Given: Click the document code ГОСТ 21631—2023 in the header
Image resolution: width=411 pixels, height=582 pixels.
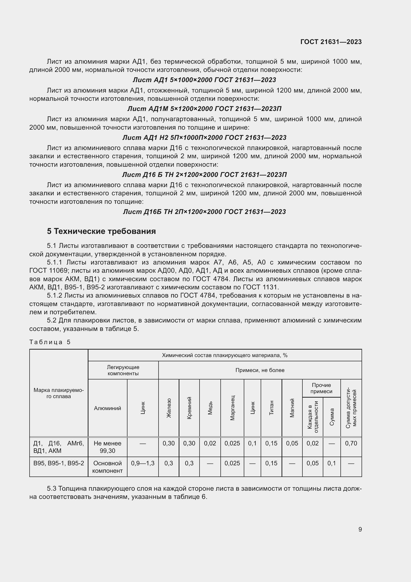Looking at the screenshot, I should pos(331,42).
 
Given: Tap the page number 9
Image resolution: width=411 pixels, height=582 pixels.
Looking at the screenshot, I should pos(360,529).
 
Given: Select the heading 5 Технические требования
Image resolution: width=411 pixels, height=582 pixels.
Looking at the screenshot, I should pos(101,231).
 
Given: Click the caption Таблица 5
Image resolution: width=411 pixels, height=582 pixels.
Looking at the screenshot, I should pos(50,342).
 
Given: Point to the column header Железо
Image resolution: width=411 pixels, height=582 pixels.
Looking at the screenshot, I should pos(169,408).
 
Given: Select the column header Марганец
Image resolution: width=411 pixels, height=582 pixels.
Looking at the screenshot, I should pos(232,408).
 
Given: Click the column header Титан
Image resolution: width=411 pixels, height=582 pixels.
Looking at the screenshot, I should pos(271,408).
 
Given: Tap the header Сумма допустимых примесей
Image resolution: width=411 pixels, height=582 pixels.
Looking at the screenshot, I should pos(351,408).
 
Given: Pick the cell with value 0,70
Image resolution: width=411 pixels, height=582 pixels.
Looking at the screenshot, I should pos(351,443).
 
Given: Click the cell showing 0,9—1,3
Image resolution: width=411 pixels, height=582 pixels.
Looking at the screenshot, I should pos(143,463).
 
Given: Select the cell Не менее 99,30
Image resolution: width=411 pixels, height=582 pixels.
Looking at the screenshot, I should pos(107,447).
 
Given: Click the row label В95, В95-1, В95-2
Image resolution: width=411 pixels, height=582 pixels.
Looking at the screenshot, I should pos(59,463).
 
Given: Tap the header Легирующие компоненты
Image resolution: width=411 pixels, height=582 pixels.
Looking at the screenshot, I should pos(123,370).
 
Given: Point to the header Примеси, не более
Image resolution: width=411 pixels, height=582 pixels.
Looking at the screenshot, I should pos(260,370).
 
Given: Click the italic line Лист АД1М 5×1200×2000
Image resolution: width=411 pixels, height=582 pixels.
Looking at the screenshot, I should pos(204,109).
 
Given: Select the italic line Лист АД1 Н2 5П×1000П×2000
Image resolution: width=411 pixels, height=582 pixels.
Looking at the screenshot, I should pos(204,138).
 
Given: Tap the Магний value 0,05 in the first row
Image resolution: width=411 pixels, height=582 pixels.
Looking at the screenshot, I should pos(292,443).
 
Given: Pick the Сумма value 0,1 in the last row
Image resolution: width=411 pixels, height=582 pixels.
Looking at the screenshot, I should pos(331,463).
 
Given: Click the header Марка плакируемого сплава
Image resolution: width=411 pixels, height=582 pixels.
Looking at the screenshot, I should pos(59,393).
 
